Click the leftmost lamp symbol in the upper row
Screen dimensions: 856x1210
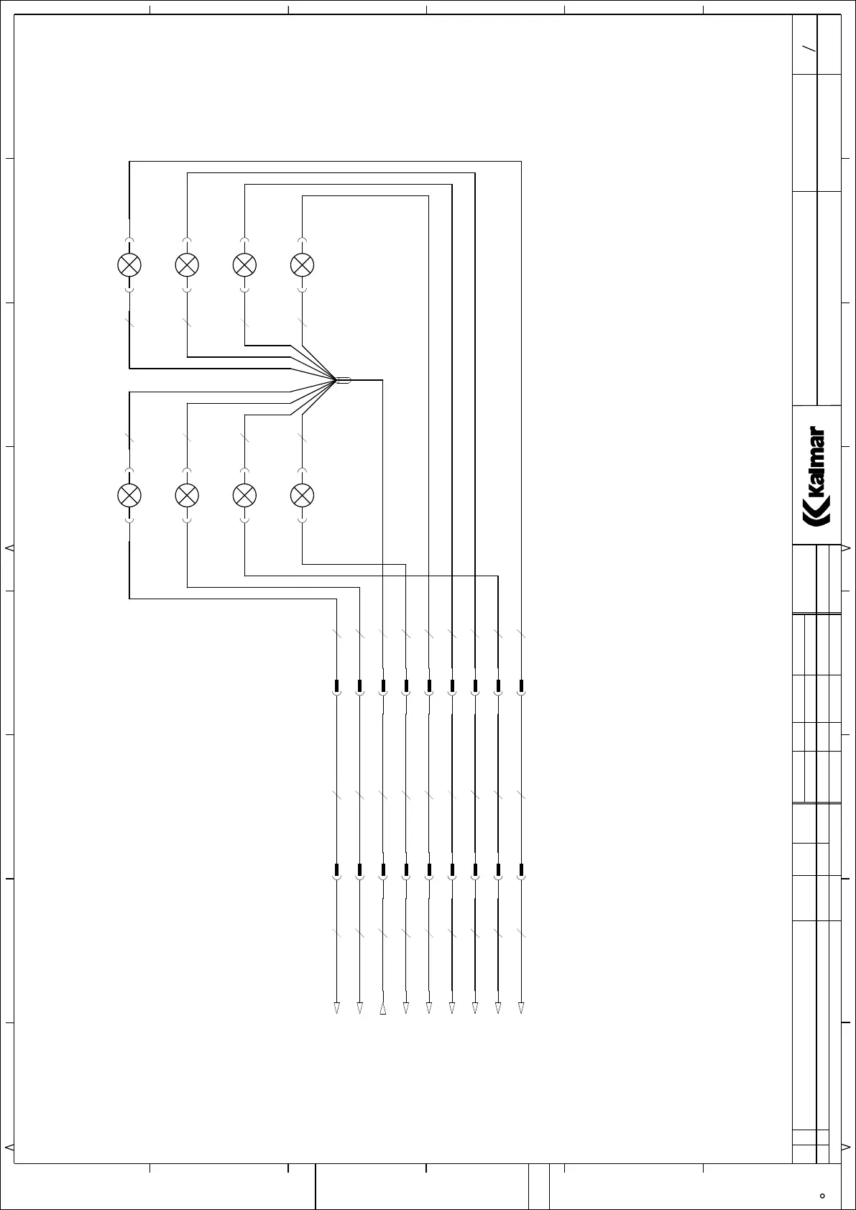[129, 265]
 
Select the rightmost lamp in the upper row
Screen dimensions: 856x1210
[302, 265]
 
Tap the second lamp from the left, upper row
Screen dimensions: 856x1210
[187, 265]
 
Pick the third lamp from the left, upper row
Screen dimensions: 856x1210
[244, 265]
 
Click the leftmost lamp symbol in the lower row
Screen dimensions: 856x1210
[129, 494]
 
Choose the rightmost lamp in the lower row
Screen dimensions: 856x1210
[302, 494]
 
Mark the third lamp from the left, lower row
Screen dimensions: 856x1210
[244, 494]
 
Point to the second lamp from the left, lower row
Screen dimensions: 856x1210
[187, 494]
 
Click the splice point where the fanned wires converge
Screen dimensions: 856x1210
[343, 380]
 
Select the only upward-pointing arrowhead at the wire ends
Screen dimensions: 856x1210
[383, 1009]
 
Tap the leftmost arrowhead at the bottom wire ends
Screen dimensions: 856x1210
[336, 1008]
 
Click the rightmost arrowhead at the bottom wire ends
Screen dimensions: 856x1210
[521, 1008]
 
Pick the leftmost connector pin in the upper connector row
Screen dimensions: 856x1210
[336, 686]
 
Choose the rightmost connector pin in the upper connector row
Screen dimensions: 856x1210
[521, 686]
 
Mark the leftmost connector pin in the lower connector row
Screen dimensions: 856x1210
[336, 872]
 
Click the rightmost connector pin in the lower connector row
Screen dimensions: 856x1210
[521, 872]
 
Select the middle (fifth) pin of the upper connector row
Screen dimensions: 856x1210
[429, 686]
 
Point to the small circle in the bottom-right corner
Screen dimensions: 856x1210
[822, 1196]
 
